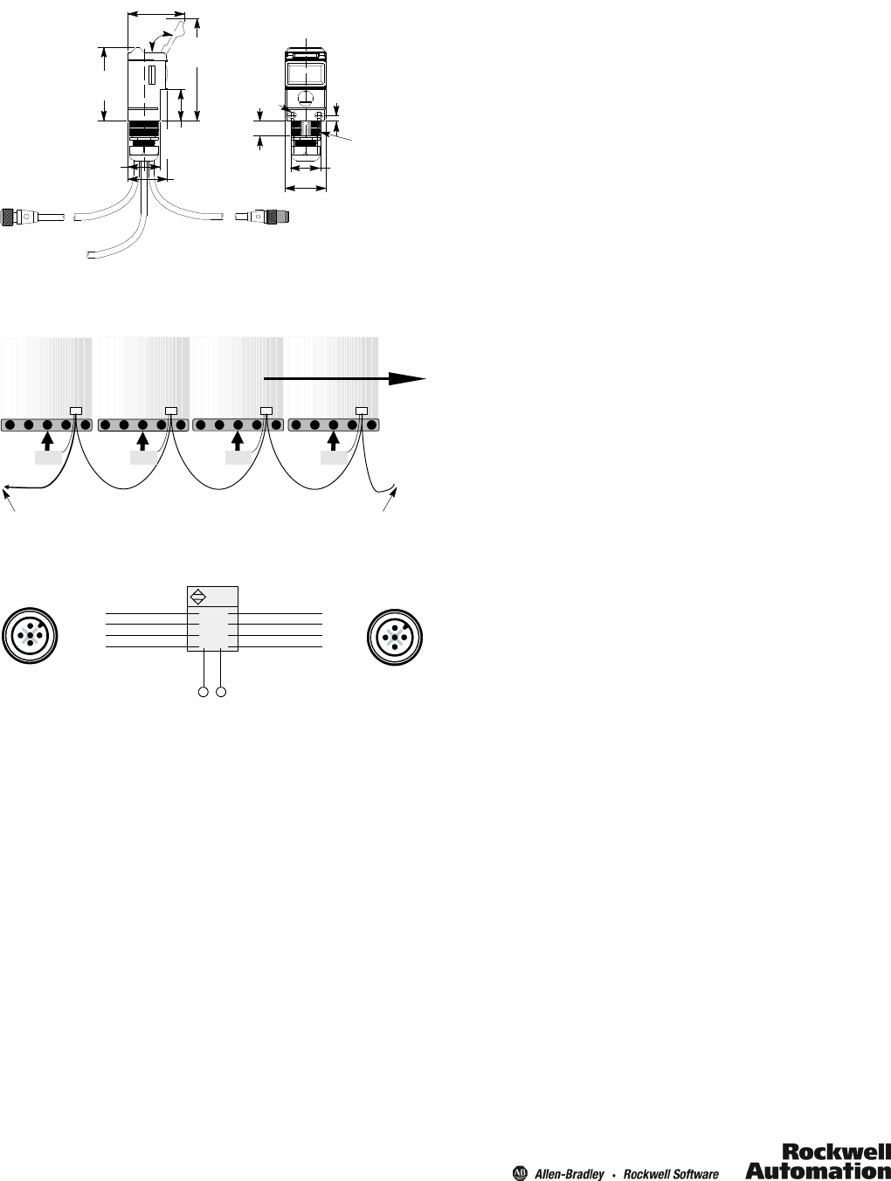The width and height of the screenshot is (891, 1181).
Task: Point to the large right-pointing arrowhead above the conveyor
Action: pos(407,379)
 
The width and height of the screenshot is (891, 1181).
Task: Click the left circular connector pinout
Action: pos(30,635)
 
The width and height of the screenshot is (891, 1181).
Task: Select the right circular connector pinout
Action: pos(395,637)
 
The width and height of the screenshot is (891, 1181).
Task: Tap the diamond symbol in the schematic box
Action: pos(198,597)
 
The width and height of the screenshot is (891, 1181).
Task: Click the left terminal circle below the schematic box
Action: pos(204,692)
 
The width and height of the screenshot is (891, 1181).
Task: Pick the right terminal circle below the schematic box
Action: pos(221,692)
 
